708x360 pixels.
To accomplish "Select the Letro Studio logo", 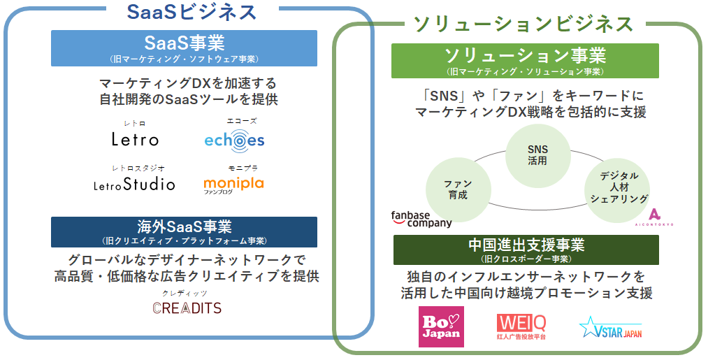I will pos(134,185).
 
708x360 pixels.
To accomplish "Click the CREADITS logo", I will pos(187,308).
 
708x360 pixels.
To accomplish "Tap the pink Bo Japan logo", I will pos(440,326).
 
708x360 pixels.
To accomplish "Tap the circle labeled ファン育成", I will pos(457,189).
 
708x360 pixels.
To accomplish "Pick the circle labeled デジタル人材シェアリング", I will pos(619,187).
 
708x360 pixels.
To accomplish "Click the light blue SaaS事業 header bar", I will pos(184,48).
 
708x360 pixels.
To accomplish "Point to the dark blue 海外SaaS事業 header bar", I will pos(184,231).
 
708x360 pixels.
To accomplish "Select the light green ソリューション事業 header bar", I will pos(525,60).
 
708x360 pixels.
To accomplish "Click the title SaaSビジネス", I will pos(192,12).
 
